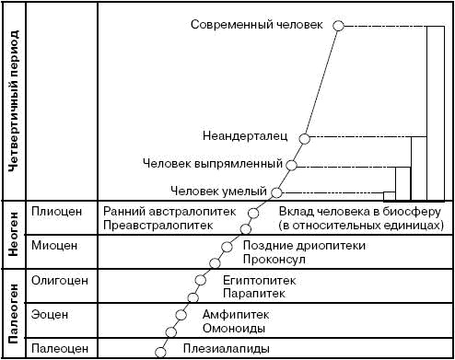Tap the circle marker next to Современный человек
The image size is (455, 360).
pyautogui.click(x=338, y=26)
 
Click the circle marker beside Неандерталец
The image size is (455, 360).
pyautogui.click(x=306, y=138)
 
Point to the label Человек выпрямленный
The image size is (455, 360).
pyautogui.click(x=213, y=164)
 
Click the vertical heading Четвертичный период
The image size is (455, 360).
pyautogui.click(x=15, y=101)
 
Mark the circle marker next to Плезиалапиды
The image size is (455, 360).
pyautogui.click(x=161, y=351)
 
